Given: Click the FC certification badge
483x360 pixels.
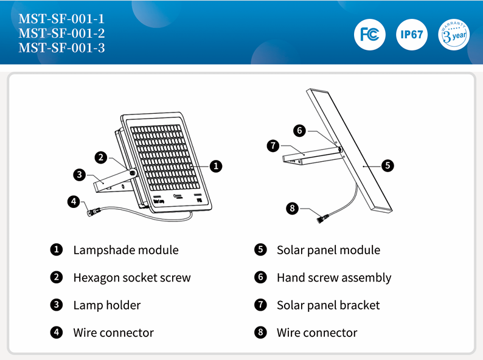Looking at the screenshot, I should coord(370,34).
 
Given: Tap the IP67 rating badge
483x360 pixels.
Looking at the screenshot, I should coord(412,34).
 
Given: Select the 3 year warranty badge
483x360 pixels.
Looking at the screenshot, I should coord(454,34).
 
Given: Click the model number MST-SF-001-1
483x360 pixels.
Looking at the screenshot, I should coord(61,19).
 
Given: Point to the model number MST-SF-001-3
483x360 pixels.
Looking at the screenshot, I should coord(61,47).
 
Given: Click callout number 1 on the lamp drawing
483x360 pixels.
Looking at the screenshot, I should coord(216,165).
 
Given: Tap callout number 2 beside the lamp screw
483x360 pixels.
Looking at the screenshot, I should coord(102,157).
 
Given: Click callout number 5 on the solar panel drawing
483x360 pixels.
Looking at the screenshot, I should coord(387,165).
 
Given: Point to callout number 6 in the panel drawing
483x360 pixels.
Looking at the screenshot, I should coord(299,130).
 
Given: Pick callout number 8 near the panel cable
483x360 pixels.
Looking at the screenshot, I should coord(293,208).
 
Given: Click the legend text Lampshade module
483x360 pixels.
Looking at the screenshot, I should coord(126,250).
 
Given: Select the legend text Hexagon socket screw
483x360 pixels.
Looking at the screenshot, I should coord(132,278).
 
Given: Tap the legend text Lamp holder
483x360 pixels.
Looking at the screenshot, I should coord(107,305).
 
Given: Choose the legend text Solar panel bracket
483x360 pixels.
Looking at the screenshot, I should coord(328,305).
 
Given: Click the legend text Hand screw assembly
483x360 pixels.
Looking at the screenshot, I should coord(334,278).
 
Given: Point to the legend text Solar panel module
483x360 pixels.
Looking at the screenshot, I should coord(328,250).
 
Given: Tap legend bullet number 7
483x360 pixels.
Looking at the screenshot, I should coord(261,305).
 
